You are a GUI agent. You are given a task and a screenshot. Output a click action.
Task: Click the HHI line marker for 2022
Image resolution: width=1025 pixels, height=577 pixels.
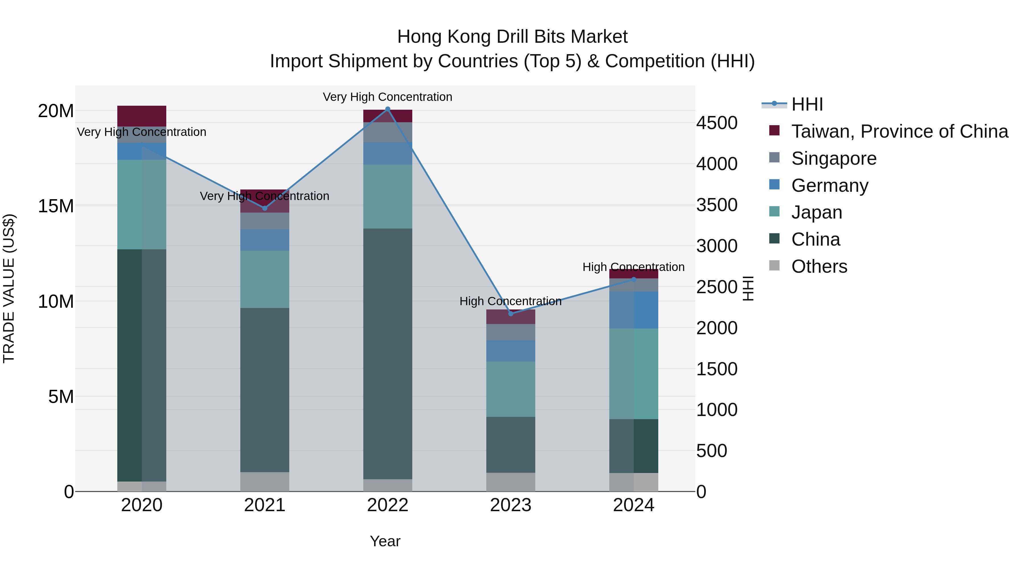(x=388, y=109)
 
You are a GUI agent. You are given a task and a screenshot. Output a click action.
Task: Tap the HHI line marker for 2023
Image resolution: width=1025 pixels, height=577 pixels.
(x=511, y=314)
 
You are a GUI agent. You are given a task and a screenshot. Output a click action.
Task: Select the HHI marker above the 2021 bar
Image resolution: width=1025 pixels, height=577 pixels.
(x=265, y=208)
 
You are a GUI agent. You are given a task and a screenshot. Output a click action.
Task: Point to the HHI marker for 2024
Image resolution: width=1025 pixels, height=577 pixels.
(x=634, y=280)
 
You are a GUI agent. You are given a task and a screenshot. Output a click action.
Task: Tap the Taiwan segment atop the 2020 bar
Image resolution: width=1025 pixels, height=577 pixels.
(x=142, y=116)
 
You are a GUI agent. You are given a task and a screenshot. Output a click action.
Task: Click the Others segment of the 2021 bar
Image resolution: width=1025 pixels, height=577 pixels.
(x=265, y=482)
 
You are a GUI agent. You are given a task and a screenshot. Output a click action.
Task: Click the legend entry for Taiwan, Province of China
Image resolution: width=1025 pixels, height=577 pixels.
(x=899, y=131)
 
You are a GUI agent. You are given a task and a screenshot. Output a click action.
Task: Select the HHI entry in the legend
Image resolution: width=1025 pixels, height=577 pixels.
(x=807, y=104)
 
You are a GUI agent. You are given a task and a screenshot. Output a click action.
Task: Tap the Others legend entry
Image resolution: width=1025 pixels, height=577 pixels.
(x=819, y=266)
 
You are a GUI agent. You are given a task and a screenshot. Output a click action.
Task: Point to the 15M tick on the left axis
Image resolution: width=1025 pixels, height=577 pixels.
(x=56, y=206)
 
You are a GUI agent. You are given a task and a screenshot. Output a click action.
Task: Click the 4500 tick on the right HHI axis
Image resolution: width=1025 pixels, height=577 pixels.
(x=717, y=123)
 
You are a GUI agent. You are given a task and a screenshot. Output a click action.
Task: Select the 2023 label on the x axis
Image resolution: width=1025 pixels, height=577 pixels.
(x=511, y=505)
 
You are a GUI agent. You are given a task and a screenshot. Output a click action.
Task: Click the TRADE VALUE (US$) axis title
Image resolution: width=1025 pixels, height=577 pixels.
(x=9, y=288)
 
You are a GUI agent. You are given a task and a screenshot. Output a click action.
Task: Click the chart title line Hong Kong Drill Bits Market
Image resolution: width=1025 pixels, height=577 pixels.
(x=512, y=37)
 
